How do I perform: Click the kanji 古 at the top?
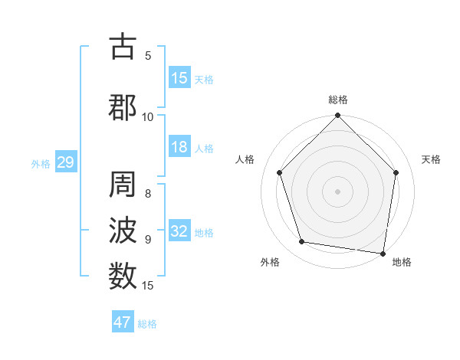(x=123, y=47)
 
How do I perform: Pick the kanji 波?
(x=123, y=231)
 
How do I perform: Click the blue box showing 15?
(x=179, y=77)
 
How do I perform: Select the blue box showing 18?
(x=179, y=147)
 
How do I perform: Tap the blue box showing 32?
(x=179, y=231)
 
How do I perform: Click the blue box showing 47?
(x=123, y=322)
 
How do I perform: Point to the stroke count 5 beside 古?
(x=148, y=55)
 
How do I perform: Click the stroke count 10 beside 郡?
(x=148, y=116)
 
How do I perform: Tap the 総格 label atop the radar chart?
(x=338, y=100)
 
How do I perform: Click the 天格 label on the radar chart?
(x=432, y=159)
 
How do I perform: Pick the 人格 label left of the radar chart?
(x=245, y=159)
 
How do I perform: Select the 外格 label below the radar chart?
(x=270, y=262)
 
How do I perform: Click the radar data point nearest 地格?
(x=383, y=252)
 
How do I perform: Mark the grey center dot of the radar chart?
(x=337, y=191)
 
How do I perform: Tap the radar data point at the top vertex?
(x=337, y=116)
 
